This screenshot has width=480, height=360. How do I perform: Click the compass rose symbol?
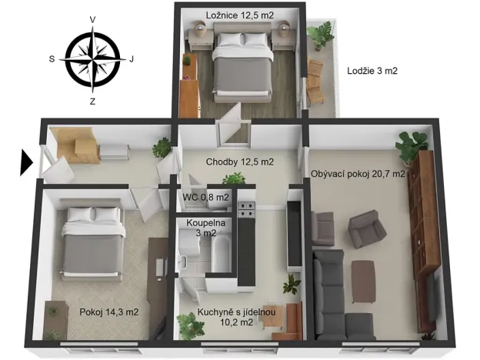[x=92, y=58]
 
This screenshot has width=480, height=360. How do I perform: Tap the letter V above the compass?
[x=92, y=18]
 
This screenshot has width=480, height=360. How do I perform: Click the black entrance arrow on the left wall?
[x=26, y=163]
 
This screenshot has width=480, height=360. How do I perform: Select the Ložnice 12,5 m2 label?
[x=240, y=13]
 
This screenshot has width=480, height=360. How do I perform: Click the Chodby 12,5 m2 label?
[x=240, y=162]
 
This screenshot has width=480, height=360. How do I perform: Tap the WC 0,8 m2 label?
[x=206, y=197]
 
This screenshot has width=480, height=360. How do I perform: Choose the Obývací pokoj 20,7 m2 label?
[x=358, y=174]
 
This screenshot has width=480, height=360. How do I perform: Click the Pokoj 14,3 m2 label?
[x=108, y=312]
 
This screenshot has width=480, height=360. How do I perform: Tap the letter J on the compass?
[x=132, y=58]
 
